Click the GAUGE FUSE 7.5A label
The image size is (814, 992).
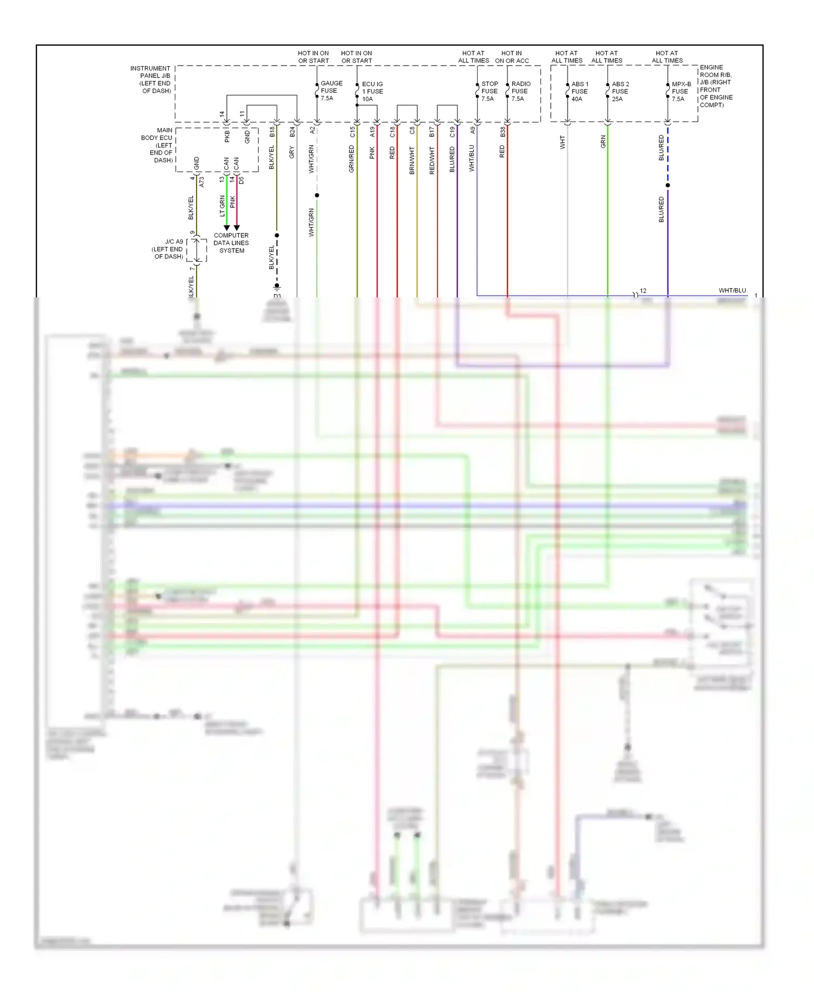click(x=331, y=91)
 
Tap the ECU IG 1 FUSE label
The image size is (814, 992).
click(x=372, y=92)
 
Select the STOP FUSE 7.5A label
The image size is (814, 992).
click(x=489, y=91)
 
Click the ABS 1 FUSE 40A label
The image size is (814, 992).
click(x=579, y=91)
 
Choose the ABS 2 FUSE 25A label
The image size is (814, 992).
click(x=620, y=91)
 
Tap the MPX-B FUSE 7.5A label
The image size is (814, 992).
click(x=681, y=91)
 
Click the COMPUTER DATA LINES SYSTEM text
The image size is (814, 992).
click(x=231, y=243)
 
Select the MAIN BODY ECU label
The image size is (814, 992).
click(x=157, y=145)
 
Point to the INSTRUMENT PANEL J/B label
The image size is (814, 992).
click(x=150, y=79)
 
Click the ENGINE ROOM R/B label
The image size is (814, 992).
click(x=716, y=86)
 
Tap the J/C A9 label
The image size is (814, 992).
click(x=168, y=249)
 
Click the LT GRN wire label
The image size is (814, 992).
click(x=222, y=206)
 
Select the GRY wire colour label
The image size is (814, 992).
click(x=292, y=152)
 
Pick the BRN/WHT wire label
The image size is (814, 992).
click(x=412, y=160)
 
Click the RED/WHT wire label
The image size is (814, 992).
click(x=432, y=160)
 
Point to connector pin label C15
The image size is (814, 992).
click(x=352, y=131)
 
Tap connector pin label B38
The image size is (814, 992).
click(x=503, y=131)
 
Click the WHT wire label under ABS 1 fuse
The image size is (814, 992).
click(x=562, y=142)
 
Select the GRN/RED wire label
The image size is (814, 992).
click(x=352, y=159)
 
